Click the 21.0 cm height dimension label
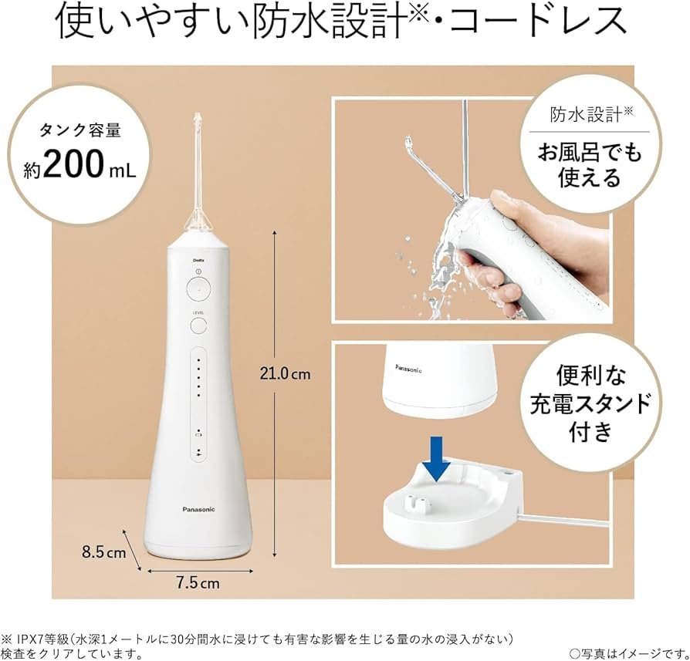(x=285, y=373)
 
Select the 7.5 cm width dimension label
(x=198, y=583)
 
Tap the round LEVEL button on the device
(x=198, y=325)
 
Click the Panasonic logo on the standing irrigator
(x=198, y=509)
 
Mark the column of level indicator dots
(x=198, y=377)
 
